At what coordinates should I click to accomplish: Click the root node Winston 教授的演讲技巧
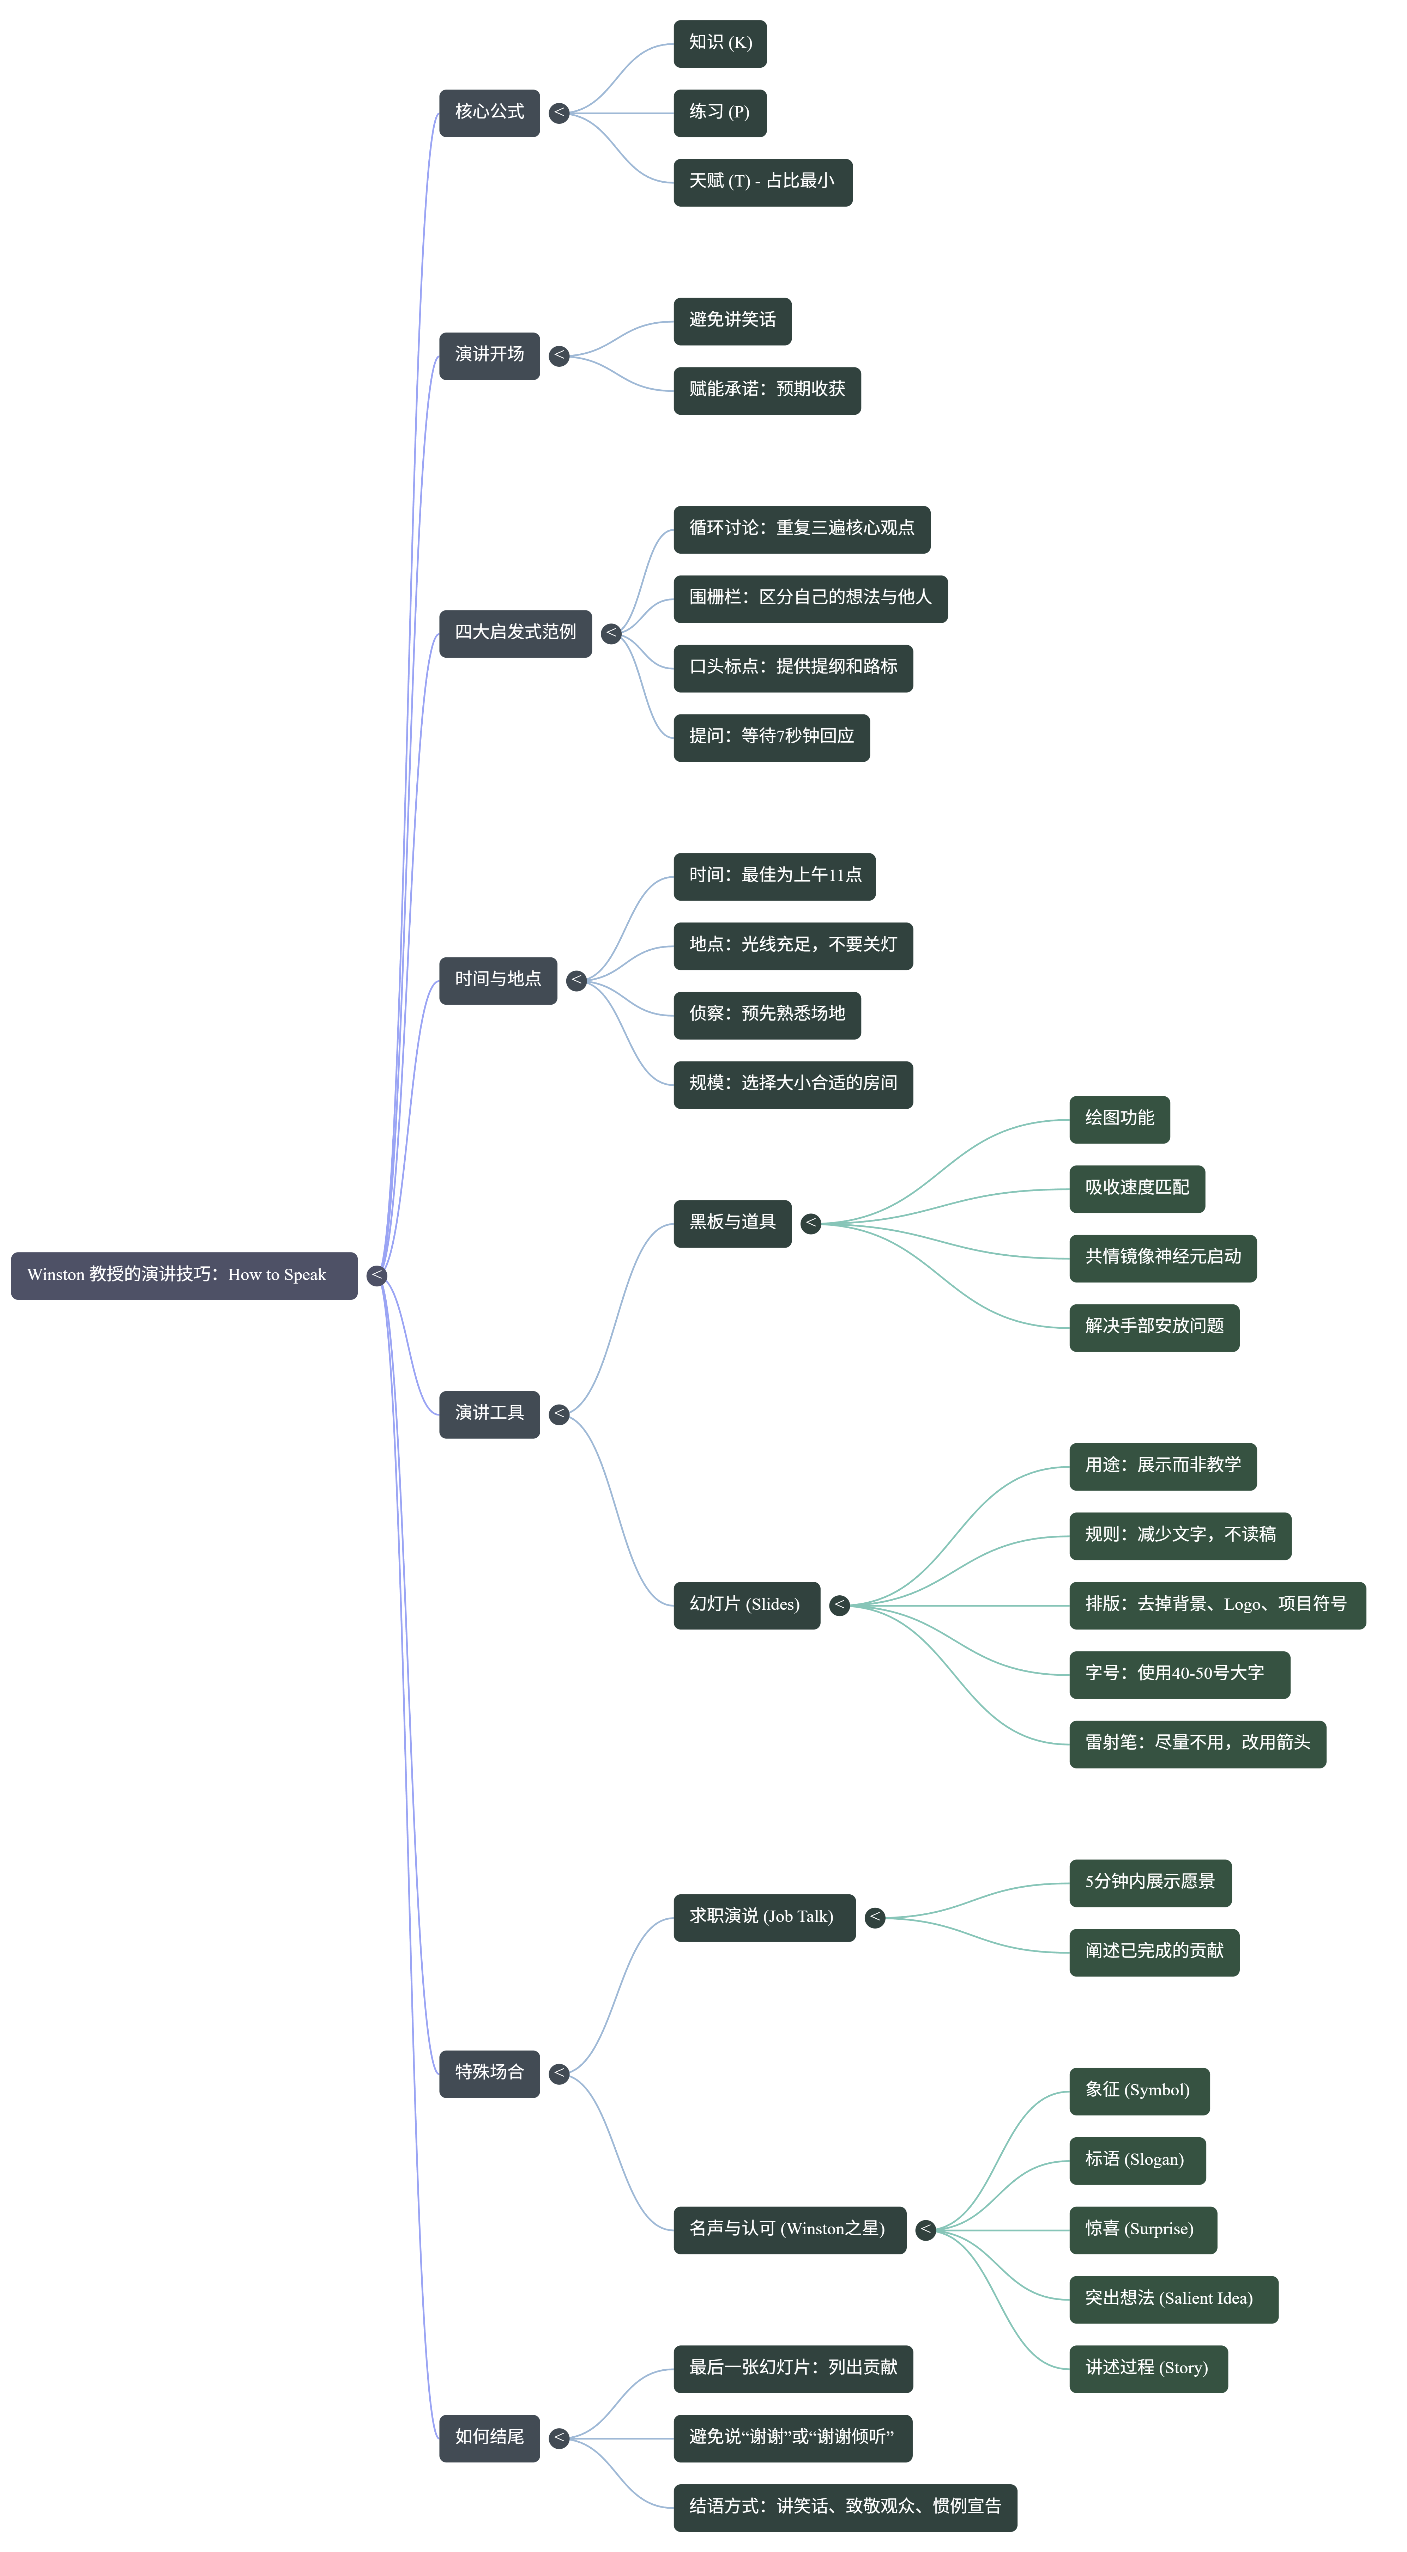pos(184,1275)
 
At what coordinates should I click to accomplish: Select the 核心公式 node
pos(489,112)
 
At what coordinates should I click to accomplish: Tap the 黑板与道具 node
pos(732,1223)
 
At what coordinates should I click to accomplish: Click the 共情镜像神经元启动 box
pos(1162,1257)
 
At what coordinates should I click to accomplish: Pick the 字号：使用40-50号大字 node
pos(1179,1673)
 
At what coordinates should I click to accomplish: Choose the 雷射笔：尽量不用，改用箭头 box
pos(1197,1743)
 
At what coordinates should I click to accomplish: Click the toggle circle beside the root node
pos(376,1275)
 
